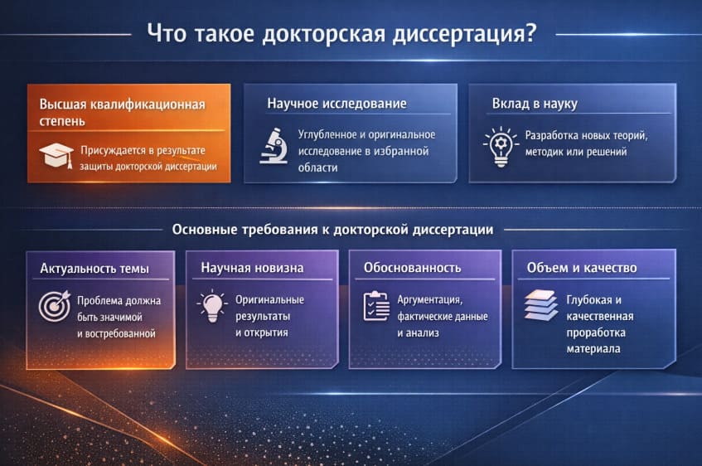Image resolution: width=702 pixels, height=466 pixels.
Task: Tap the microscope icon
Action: coord(273,146)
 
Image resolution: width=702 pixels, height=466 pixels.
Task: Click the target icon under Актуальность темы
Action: coord(55,305)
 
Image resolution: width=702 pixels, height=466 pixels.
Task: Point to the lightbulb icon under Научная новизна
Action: coord(212,305)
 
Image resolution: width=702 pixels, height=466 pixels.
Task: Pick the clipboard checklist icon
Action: coord(376,306)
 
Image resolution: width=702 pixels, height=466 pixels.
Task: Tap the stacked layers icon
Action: coord(540,306)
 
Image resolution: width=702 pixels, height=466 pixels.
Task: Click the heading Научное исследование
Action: coord(336,104)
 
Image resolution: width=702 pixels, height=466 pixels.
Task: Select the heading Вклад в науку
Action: coord(535,104)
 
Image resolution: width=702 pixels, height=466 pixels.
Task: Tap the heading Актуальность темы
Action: coord(94,268)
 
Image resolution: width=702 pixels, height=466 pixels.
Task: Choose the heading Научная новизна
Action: coord(252,268)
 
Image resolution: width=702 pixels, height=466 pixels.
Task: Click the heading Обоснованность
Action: coord(412,268)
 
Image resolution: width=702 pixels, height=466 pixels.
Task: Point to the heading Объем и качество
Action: coord(582,268)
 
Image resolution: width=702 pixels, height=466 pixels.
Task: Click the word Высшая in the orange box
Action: coord(64,104)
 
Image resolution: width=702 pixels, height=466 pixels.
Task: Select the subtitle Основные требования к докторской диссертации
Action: coord(332,230)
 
